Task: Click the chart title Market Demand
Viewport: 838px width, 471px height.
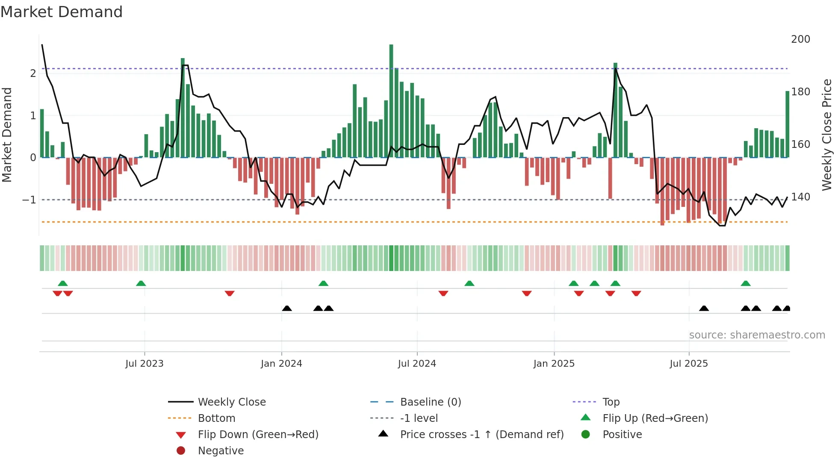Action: (62, 12)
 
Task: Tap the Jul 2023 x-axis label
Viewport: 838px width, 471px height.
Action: (144, 364)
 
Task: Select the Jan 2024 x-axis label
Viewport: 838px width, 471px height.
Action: (281, 364)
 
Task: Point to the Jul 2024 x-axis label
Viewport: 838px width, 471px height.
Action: (417, 364)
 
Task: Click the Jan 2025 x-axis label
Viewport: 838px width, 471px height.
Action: (554, 364)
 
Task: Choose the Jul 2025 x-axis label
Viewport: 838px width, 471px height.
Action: (689, 364)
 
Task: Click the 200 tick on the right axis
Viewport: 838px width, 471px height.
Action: (800, 39)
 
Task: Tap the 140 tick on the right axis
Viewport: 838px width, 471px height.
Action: (800, 197)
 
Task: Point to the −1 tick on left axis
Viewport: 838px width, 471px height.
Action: (29, 200)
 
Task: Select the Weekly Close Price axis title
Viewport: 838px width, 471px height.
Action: (827, 135)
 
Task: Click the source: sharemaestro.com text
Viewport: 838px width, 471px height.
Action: (757, 335)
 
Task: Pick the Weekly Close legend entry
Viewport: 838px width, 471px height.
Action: (232, 402)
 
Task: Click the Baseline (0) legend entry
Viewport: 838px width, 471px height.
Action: (431, 402)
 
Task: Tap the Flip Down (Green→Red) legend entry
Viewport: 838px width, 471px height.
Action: (258, 435)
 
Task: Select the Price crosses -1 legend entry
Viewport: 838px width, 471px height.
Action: (482, 435)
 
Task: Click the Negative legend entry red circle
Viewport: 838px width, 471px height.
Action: (181, 451)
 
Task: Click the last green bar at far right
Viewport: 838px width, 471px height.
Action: (787, 124)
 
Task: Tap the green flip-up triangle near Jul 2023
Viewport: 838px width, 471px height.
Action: (141, 283)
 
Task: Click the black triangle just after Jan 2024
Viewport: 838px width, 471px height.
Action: (287, 308)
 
